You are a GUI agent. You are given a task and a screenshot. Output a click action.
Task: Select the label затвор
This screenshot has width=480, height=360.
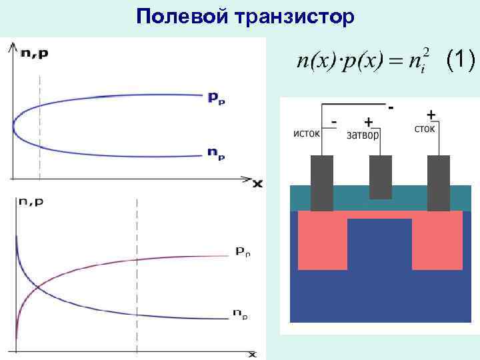click(364, 135)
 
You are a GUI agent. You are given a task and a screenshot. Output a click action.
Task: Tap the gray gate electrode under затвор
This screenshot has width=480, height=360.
click(381, 177)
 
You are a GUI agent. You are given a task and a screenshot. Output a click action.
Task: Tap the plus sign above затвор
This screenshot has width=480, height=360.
click(368, 122)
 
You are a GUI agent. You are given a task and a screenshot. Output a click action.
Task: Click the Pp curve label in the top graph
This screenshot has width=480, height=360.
click(216, 97)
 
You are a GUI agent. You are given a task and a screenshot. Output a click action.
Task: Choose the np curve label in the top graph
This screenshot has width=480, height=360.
click(216, 155)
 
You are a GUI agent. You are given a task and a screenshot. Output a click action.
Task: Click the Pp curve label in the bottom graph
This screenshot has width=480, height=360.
click(242, 252)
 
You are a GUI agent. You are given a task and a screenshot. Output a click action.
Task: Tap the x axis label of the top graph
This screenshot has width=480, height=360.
click(257, 183)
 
